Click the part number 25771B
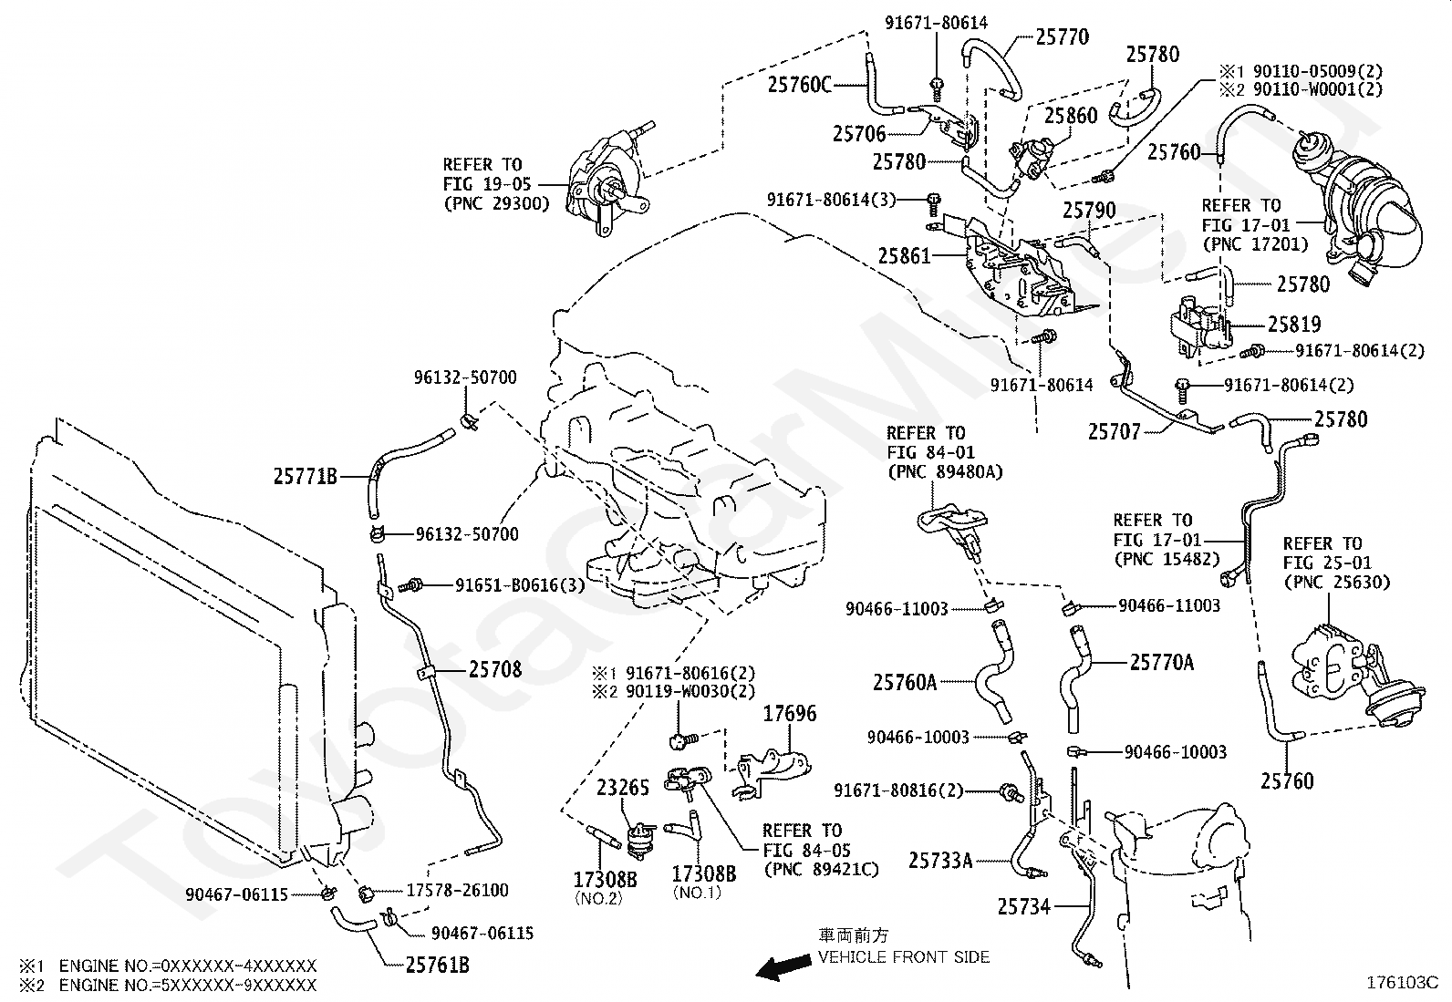(x=306, y=476)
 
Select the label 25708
(x=495, y=670)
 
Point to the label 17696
(x=789, y=714)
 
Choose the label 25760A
(x=905, y=682)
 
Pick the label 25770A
(x=1161, y=663)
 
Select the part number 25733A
(x=940, y=860)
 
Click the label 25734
(x=1023, y=906)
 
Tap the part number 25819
(x=1294, y=325)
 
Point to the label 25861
(x=905, y=256)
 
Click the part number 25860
(x=1071, y=116)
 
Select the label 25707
(x=1114, y=431)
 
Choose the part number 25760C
(x=800, y=85)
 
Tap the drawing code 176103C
(x=1401, y=983)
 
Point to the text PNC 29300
(x=496, y=203)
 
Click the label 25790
(x=1089, y=211)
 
